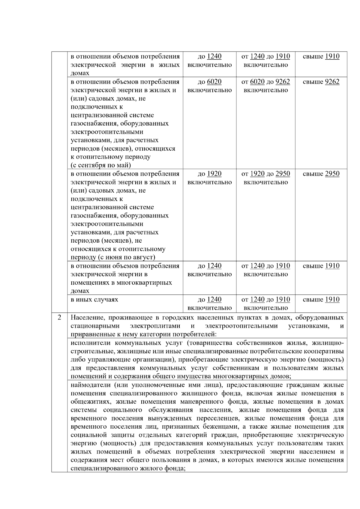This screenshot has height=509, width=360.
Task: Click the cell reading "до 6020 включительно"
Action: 210,86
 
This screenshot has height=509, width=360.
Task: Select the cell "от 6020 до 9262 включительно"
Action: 265,86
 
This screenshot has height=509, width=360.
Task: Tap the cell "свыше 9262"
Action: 321,82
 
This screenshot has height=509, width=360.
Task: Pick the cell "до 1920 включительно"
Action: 210,178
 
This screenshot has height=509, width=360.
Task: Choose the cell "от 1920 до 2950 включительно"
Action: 265,178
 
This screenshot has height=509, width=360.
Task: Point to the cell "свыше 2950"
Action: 321,174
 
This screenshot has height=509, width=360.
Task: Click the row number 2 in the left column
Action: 59,317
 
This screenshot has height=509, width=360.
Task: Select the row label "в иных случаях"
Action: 94,300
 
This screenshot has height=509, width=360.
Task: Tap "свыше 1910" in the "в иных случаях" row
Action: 321,300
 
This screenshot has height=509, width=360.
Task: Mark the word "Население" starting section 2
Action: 86,318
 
